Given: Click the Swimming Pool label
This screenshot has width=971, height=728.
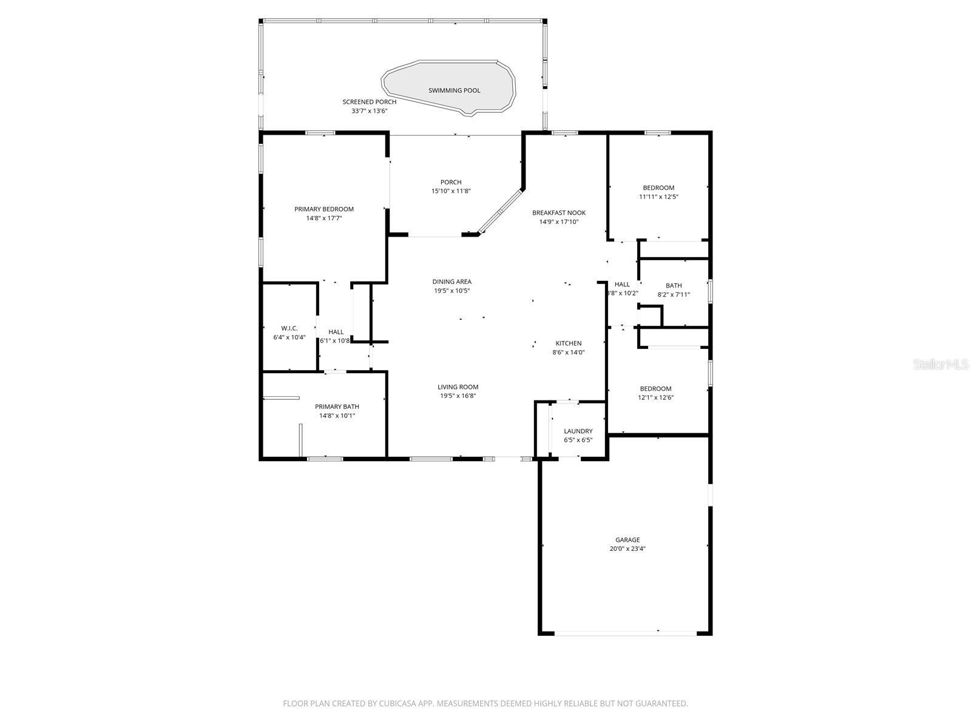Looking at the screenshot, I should coord(454,90).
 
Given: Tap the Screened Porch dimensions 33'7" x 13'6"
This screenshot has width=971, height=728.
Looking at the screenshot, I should coord(369,111).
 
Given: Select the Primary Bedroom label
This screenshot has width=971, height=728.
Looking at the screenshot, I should coord(324,209).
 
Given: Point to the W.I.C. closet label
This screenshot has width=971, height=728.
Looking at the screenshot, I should coord(289,328).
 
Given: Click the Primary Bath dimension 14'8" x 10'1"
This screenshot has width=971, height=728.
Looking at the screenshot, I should coord(337,416).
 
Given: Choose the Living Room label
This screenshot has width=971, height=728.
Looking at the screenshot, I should coord(458,387).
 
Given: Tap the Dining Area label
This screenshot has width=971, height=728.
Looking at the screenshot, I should coord(452,281).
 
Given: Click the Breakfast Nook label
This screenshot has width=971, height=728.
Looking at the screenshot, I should coord(558,213).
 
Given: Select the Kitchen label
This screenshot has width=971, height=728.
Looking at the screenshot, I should coord(569,343).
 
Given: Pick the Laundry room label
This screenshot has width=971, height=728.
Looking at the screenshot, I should coord(578,431).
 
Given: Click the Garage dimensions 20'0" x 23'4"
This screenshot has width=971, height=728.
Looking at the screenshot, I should coord(628,548).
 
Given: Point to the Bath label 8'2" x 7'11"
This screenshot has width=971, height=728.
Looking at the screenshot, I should coord(674,286).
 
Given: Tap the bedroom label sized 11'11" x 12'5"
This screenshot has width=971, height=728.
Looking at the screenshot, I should coord(658,188).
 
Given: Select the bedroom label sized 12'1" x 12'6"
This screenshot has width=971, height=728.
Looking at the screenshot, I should coord(655,389).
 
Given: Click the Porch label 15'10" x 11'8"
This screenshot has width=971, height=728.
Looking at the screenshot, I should coord(451,182).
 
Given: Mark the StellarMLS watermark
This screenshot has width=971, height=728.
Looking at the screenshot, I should coord(941,365).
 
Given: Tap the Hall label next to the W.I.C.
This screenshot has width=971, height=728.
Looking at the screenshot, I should coord(336,332).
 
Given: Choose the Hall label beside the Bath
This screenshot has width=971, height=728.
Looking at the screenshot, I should coord(622,285).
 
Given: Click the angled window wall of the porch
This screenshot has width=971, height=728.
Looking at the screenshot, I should coord(501,211).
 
